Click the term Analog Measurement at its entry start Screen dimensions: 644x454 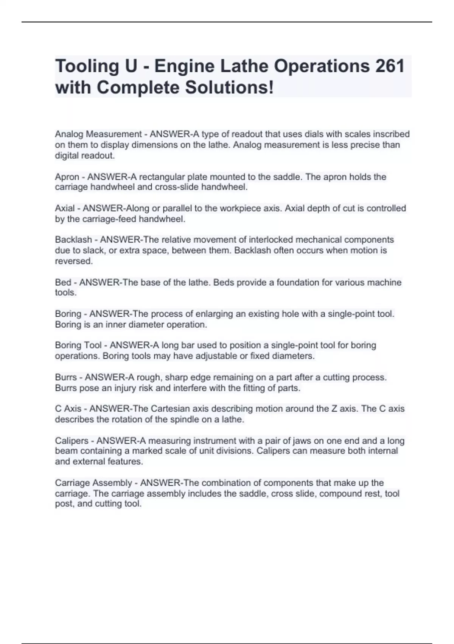coord(98,134)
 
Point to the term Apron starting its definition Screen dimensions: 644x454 coord(67,177)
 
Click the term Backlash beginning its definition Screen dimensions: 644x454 coord(73,240)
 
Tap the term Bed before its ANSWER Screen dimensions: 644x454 coord(63,282)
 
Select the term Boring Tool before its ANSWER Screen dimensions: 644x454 coord(78,345)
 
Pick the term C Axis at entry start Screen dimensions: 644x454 coord(68,409)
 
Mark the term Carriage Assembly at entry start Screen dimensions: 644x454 coord(93,483)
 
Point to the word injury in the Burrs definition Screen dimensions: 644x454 coord(126,388)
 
